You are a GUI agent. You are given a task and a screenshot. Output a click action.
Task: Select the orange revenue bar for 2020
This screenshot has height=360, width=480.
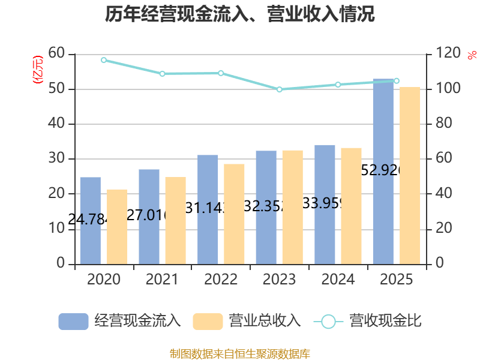tap(117, 226)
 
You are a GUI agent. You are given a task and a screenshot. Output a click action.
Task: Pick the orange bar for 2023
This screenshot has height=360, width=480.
tap(293, 206)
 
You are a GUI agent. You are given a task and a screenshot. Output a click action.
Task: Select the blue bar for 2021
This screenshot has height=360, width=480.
tap(149, 216)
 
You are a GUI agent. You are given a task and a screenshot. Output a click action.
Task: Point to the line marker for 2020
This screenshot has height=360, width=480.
tap(104, 60)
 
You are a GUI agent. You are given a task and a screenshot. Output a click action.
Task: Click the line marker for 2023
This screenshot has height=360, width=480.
tap(280, 89)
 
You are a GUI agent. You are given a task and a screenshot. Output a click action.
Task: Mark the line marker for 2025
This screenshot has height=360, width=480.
tap(397, 80)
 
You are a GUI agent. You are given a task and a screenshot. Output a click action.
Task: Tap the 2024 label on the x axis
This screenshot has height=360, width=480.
tap(338, 280)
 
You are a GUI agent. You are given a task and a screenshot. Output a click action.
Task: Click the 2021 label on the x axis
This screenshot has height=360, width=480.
tap(162, 280)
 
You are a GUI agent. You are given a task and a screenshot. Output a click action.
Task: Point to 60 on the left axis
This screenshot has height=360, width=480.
tap(56, 54)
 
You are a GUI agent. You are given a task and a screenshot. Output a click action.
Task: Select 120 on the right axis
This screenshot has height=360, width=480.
tap(448, 54)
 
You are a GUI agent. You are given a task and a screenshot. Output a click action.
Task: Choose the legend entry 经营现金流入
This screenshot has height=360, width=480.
tap(120, 321)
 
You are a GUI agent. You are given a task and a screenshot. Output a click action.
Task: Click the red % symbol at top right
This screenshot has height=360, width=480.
tap(472, 55)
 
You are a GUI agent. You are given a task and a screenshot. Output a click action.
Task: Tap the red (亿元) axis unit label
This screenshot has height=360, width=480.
tap(38, 70)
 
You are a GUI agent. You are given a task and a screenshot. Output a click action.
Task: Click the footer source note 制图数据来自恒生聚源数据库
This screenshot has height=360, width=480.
tap(240, 353)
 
